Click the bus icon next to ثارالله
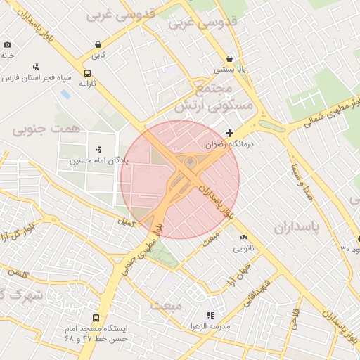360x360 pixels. pyautogui.click(x=87, y=73)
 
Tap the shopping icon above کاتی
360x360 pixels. pyautogui.click(x=97, y=45)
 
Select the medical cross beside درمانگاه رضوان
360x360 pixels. pyautogui.click(x=229, y=132)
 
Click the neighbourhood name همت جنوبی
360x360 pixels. pyautogui.click(x=37, y=129)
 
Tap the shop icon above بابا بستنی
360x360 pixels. pyautogui.click(x=229, y=59)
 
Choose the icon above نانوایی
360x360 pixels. pyautogui.click(x=244, y=238)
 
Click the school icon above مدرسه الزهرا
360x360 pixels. pyautogui.click(x=209, y=316)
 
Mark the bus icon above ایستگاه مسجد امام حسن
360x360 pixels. pyautogui.click(x=96, y=317)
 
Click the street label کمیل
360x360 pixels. pyautogui.click(x=127, y=222)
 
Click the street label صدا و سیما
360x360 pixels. pyautogui.click(x=302, y=181)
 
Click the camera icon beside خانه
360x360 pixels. pyautogui.click(x=7, y=44)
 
